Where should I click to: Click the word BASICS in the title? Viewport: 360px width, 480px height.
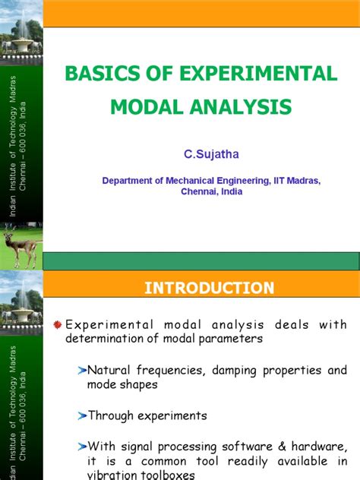pos(96,74)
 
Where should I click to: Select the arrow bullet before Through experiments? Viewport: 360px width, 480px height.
pos(81,415)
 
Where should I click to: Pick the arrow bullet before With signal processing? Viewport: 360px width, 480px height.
pos(81,445)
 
